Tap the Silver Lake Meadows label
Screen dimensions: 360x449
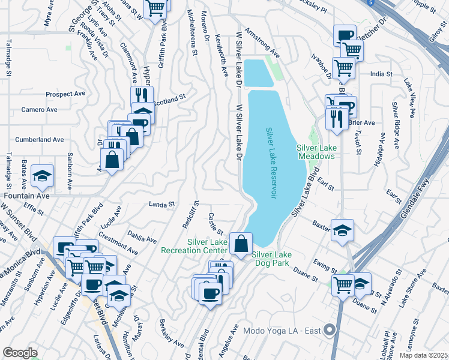click(x=315, y=152)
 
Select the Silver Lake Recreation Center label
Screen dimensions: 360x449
click(x=207, y=245)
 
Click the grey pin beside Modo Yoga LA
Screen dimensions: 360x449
click(x=328, y=330)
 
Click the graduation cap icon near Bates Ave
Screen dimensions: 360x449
click(x=43, y=175)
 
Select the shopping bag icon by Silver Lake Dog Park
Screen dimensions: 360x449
click(x=241, y=244)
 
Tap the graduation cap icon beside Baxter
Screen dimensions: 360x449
click(x=342, y=230)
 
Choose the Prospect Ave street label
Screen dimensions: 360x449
click(x=66, y=94)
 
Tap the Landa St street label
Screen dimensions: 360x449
click(x=161, y=204)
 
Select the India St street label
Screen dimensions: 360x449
click(x=381, y=74)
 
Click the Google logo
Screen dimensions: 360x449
click(x=20, y=352)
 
